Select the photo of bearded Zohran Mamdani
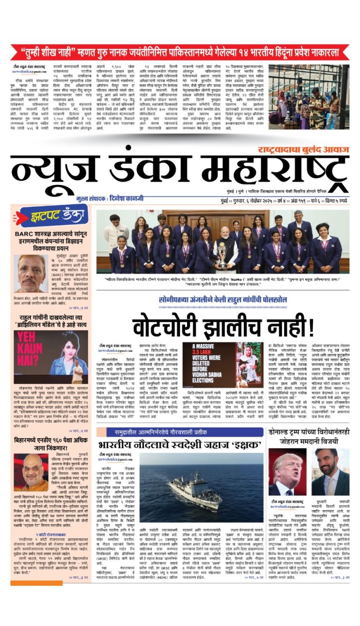[x=332, y=472]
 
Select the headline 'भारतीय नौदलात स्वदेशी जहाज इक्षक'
[x=180, y=445]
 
